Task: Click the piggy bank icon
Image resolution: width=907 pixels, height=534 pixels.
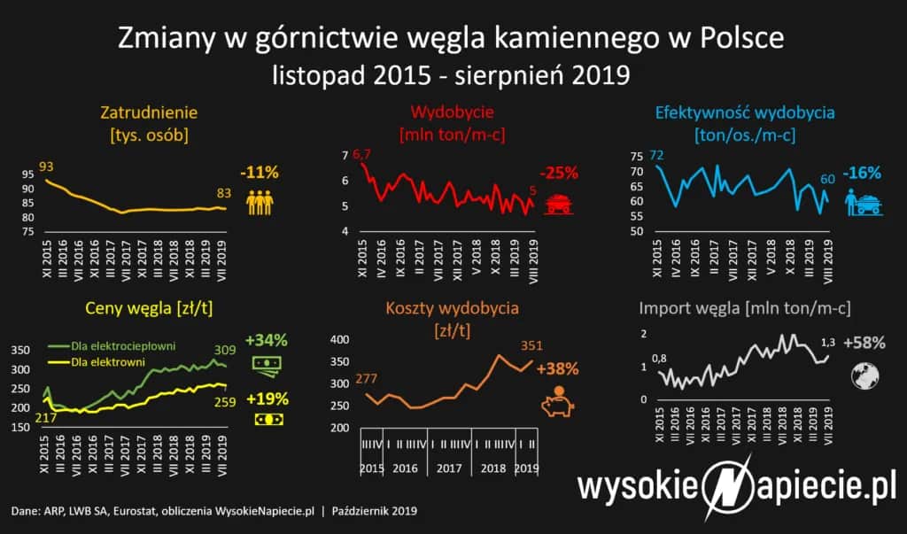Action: coord(556,401)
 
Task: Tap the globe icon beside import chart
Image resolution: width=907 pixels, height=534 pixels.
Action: coord(862,375)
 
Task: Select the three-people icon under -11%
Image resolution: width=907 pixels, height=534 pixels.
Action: coord(260,202)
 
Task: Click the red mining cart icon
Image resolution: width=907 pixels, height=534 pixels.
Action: coord(557,204)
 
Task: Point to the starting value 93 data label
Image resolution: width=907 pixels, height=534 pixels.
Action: coord(46,167)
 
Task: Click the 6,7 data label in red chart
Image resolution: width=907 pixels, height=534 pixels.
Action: coord(360,156)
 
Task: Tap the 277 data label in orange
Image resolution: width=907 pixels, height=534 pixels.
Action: coord(367,380)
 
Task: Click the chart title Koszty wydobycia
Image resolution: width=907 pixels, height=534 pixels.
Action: coord(452,309)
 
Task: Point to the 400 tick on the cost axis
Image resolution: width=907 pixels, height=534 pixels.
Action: coord(339,340)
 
